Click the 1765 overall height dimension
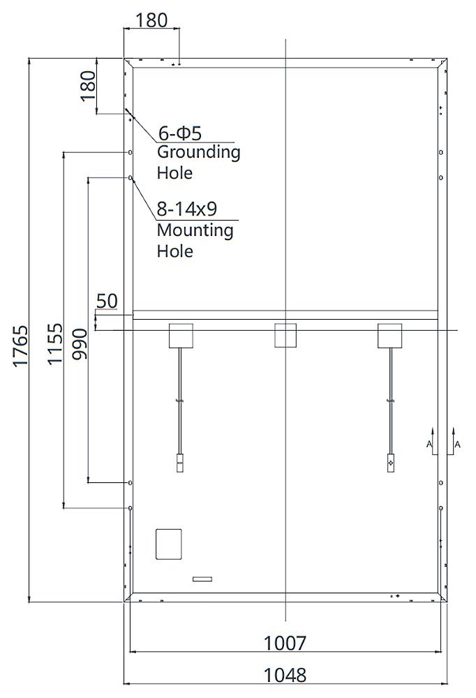[x=20, y=346]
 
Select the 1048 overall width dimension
[x=285, y=675]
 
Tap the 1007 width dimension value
[x=285, y=644]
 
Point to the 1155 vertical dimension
[x=55, y=344]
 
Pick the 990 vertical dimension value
[x=80, y=344]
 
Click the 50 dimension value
[x=107, y=302]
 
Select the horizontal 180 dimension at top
[x=151, y=20]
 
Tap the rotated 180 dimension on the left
[x=88, y=86]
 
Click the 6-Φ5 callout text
[x=180, y=133]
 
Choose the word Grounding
[x=199, y=153]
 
